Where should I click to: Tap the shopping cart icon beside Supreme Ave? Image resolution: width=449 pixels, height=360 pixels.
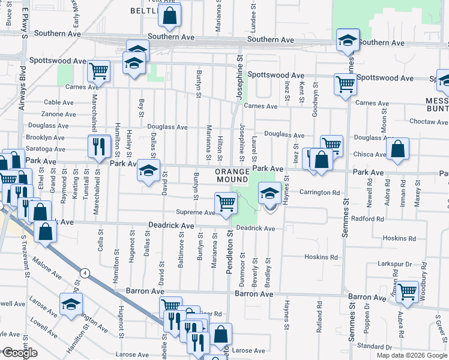click(x=225, y=202)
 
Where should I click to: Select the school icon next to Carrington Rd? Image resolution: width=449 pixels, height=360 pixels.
click(x=270, y=193)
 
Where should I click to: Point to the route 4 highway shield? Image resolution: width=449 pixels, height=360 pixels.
click(x=86, y=273)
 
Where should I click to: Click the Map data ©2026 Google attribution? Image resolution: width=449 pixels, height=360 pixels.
click(x=411, y=355)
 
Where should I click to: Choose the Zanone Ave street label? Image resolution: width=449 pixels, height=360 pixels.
click(x=59, y=113)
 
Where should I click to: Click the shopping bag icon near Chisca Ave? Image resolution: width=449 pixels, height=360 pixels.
click(x=397, y=149)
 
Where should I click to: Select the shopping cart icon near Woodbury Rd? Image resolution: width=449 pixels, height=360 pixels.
click(x=408, y=292)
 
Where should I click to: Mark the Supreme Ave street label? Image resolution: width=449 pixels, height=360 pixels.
click(x=195, y=212)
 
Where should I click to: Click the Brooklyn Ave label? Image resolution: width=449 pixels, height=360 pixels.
click(x=46, y=137)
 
